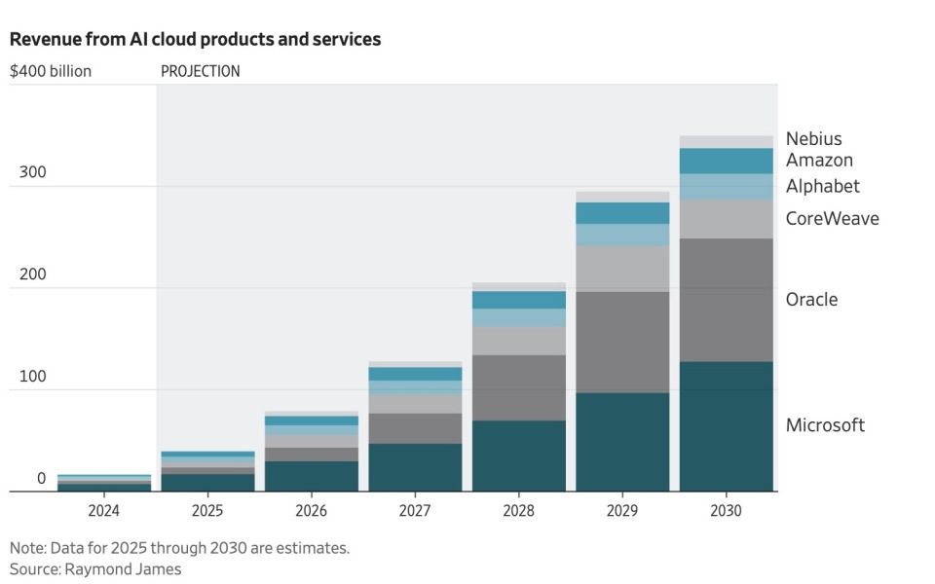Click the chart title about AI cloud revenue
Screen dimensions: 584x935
pyautogui.click(x=195, y=40)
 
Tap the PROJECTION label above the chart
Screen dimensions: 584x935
pyautogui.click(x=200, y=71)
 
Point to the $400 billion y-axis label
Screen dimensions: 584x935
pyautogui.click(x=51, y=71)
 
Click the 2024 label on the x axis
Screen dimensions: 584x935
pyautogui.click(x=104, y=510)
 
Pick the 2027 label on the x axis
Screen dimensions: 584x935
pyautogui.click(x=416, y=510)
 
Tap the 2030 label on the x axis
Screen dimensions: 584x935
pyautogui.click(x=727, y=510)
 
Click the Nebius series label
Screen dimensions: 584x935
pyautogui.click(x=813, y=139)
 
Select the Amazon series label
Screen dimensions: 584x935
pyautogui.click(x=819, y=161)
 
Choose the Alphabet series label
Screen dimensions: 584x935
pyautogui.click(x=823, y=186)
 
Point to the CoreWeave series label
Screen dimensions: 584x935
pyautogui.click(x=832, y=218)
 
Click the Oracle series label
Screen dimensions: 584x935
pyautogui.click(x=811, y=299)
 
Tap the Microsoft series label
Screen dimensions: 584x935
pyautogui.click(x=825, y=424)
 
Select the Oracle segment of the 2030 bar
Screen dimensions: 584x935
pyautogui.click(x=727, y=300)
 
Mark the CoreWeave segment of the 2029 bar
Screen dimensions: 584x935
pyautogui.click(x=622, y=269)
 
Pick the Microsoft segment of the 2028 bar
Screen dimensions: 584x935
pyautogui.click(x=519, y=456)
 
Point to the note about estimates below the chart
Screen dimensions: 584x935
pyautogui.click(x=179, y=548)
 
